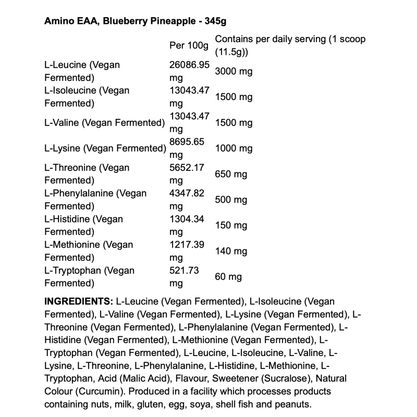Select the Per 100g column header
[x=189, y=46]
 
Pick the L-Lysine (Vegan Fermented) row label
[x=105, y=149]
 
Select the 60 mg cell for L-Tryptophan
[x=228, y=277]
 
